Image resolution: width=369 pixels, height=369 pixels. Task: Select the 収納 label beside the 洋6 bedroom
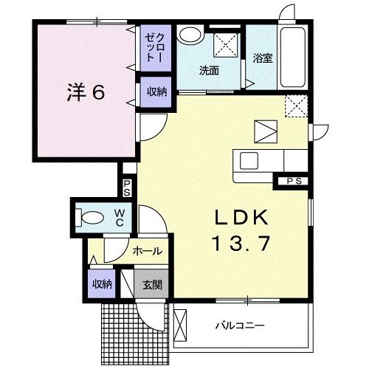(155, 92)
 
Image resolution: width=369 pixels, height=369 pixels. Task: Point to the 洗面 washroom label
(209, 71)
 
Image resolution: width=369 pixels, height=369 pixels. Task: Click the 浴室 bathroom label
(263, 58)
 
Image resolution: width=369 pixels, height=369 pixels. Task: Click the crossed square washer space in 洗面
(226, 45)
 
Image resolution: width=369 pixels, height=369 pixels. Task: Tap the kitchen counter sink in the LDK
(246, 159)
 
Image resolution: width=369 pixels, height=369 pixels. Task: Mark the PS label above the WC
(127, 187)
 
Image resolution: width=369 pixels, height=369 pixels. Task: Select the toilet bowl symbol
(91, 218)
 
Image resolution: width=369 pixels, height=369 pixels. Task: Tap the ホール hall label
(147, 251)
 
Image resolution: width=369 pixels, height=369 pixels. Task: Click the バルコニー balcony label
(239, 325)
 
